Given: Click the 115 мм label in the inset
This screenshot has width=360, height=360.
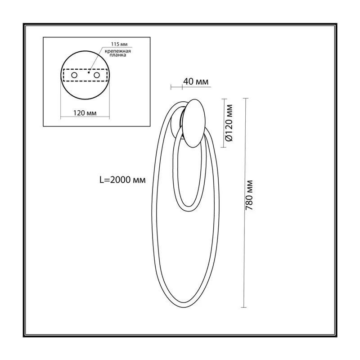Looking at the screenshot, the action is pos(119,44).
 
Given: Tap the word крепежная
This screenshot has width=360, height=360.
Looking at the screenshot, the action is pos(118,51).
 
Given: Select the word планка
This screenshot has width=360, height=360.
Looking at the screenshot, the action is pos(118,55).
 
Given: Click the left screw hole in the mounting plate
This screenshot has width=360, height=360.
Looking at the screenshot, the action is pos(74,75).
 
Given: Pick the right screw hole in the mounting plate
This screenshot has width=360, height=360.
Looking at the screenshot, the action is pos(97,75).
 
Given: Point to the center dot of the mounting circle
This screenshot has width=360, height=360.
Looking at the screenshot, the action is pos(89,72).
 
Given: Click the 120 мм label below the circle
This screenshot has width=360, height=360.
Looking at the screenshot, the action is pos(85,113).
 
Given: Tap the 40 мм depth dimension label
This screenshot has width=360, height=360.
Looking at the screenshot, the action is pos(196,81).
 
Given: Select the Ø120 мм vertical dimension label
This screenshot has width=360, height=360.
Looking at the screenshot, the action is pos(229,123).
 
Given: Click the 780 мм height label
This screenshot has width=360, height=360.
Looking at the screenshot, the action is pos(249,195).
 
